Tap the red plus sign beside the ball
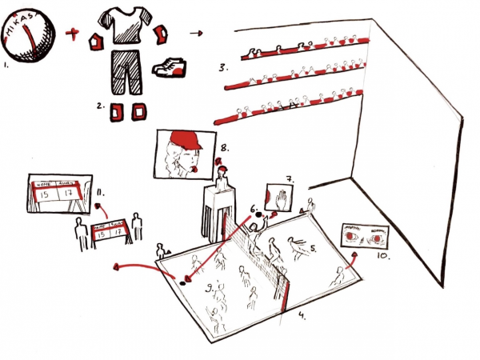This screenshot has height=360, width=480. coord(74,34)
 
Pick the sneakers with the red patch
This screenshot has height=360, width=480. coord(169,67)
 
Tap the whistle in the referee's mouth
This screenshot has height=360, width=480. coord(193,170)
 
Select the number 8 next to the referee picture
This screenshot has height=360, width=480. coord(225,147)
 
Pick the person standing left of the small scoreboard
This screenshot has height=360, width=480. coord(80,233)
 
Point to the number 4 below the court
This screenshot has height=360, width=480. coord(301,316)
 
